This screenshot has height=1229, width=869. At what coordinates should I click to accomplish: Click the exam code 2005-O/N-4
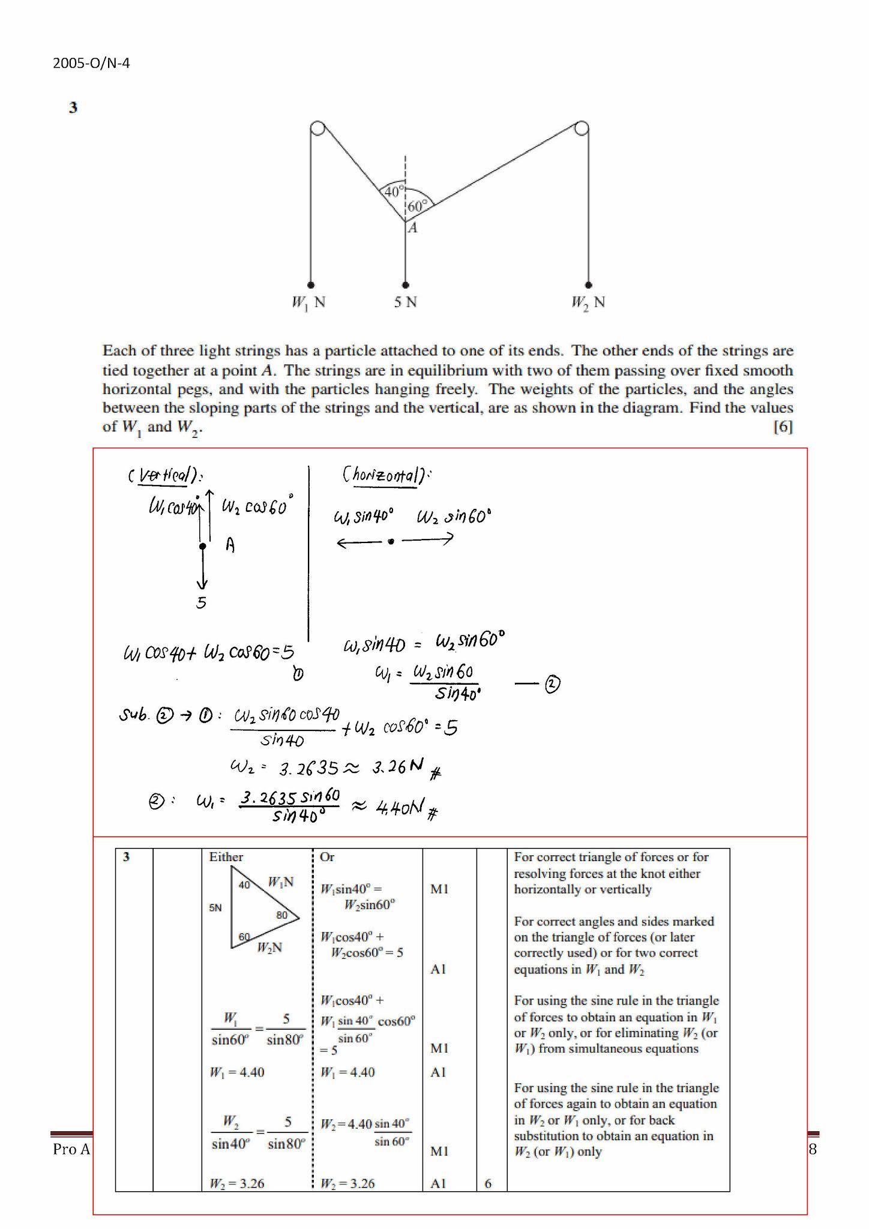91,63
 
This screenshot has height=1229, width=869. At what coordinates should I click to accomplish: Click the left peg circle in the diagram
317,128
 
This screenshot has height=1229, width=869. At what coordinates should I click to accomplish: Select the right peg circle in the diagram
581,128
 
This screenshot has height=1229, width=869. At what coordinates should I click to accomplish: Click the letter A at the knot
413,227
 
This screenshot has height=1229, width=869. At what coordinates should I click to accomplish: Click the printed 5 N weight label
405,302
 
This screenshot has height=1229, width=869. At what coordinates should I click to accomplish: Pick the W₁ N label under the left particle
308,302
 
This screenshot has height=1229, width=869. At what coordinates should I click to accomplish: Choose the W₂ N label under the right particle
588,302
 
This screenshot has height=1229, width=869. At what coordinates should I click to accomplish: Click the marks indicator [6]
783,427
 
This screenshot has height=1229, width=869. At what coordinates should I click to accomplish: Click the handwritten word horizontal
385,475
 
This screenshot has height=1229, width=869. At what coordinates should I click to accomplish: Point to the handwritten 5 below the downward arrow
201,602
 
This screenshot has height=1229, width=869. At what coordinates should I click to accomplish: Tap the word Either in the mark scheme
226,857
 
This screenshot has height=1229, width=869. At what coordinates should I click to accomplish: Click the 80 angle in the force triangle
282,915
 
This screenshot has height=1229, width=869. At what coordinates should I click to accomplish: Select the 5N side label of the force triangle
215,908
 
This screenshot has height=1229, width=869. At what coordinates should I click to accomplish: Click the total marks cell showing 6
488,1183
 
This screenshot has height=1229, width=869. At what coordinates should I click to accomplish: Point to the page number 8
813,1149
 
